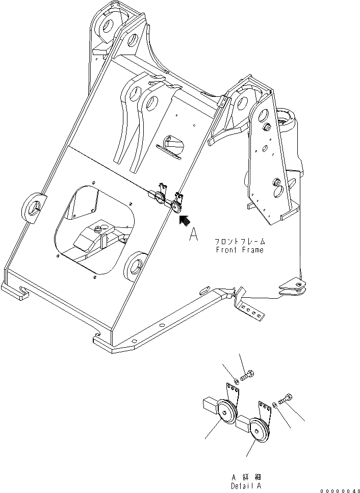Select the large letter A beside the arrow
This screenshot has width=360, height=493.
(193, 235)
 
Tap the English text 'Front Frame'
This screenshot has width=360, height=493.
(240, 250)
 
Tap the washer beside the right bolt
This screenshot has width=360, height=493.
(275, 405)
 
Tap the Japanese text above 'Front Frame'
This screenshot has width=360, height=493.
(240, 242)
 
